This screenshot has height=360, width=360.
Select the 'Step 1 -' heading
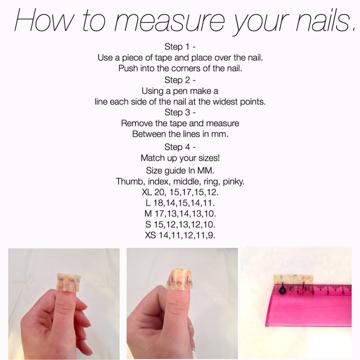[x=180, y=47]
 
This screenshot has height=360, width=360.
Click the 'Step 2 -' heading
[x=180, y=80]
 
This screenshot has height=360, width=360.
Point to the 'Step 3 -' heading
[x=180, y=112]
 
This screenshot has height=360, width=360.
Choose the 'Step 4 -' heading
[x=180, y=146]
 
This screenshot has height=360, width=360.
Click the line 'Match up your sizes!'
[x=180, y=157]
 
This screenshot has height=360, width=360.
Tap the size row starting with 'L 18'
[x=180, y=203]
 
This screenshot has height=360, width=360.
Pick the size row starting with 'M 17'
[x=180, y=214]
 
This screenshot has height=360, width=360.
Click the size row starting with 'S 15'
[x=180, y=224]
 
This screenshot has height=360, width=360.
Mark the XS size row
[x=180, y=235]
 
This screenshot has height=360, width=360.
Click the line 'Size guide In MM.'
[x=180, y=170]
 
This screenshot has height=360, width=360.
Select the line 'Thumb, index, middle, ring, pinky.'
[x=180, y=181]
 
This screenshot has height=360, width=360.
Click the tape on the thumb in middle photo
[x=180, y=280]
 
